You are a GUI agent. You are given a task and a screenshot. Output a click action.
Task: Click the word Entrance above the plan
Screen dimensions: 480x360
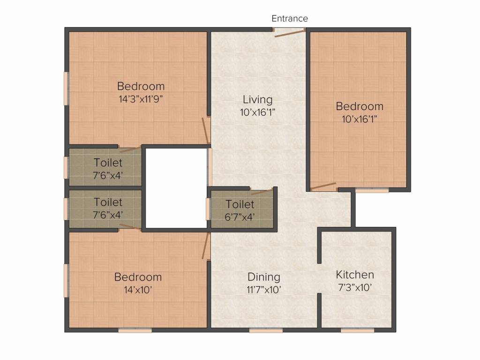[x=290, y=18]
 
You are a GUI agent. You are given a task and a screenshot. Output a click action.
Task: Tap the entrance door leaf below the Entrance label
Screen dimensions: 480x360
[x=290, y=33]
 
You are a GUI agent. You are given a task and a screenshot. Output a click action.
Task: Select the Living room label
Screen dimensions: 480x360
[x=258, y=99]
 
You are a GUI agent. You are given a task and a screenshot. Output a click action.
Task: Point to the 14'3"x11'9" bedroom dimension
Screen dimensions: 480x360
[x=141, y=99]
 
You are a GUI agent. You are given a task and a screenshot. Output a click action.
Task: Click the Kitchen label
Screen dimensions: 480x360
[x=355, y=275]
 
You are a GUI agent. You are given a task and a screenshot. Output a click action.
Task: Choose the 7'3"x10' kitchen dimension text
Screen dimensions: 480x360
[x=355, y=287]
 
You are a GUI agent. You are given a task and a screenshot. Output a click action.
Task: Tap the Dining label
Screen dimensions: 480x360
[x=264, y=277]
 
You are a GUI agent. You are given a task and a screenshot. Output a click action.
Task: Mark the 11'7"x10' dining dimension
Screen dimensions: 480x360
[x=264, y=290]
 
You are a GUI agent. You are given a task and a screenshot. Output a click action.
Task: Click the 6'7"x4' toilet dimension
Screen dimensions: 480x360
[x=240, y=217]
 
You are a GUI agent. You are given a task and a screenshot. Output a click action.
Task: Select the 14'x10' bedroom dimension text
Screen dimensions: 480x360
[x=138, y=290]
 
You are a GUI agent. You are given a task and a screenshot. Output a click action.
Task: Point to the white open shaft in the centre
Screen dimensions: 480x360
[x=176, y=188]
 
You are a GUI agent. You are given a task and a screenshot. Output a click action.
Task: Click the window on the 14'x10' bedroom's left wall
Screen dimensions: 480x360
[x=66, y=281]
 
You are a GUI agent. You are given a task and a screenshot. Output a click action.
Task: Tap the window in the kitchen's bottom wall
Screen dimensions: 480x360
[x=357, y=330]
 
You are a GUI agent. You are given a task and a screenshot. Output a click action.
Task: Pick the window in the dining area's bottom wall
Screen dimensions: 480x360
[x=266, y=330]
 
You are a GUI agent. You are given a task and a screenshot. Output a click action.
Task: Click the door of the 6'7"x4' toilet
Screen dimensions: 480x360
[x=262, y=192]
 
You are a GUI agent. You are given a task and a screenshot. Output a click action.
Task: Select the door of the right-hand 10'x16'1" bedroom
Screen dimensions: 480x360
[x=323, y=186]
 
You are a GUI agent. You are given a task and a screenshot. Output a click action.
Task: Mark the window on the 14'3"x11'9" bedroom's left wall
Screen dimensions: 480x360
[x=66, y=89]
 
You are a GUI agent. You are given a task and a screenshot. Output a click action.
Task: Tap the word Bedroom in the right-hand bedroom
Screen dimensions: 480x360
[x=360, y=106]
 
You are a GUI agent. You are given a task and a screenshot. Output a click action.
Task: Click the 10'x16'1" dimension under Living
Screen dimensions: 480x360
[x=258, y=112]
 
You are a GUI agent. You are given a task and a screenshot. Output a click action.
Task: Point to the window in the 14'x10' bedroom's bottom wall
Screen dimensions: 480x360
[x=135, y=330]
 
